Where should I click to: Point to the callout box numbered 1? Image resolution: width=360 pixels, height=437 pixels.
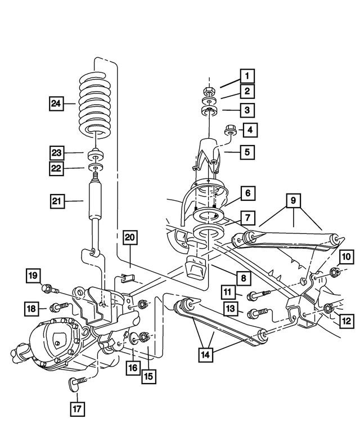coord(246,75)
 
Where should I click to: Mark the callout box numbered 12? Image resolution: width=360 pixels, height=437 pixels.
coord(346,321)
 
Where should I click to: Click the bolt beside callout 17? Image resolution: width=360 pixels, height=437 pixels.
coord(78,383)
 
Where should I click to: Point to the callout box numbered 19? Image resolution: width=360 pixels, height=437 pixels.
coord(33,276)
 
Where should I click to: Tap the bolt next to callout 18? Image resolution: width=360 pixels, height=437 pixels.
coord(58,307)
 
